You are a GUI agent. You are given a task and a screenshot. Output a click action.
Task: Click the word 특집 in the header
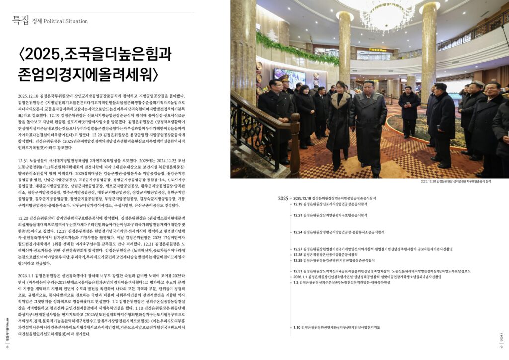(21, 20)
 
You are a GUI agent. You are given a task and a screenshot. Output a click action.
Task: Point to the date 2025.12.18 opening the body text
(28, 95)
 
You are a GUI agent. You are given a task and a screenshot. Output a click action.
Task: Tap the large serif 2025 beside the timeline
(283, 198)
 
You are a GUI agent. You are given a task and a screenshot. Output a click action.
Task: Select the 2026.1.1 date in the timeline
(300, 276)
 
